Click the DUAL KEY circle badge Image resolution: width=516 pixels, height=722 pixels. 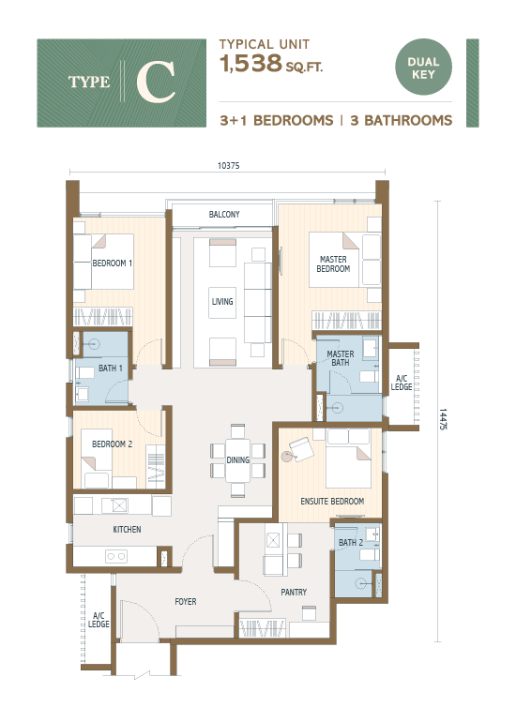424,68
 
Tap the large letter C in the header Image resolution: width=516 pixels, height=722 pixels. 156,83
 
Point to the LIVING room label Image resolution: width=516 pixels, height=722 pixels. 222,302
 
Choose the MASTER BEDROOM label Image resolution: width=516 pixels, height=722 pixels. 334,264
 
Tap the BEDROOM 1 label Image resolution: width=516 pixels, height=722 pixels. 112,263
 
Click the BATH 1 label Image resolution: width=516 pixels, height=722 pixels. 111,369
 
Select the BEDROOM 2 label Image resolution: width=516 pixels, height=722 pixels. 111,444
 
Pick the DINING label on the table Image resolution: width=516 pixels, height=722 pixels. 238,460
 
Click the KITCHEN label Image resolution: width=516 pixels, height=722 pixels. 127,530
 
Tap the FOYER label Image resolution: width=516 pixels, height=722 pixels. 186,601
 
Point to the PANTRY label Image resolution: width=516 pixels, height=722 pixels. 294,593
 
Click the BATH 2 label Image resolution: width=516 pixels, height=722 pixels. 350,543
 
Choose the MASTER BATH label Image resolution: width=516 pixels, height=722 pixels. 341,358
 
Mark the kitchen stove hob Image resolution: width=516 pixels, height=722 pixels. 117,556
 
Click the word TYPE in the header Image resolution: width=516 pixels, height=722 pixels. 89,83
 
